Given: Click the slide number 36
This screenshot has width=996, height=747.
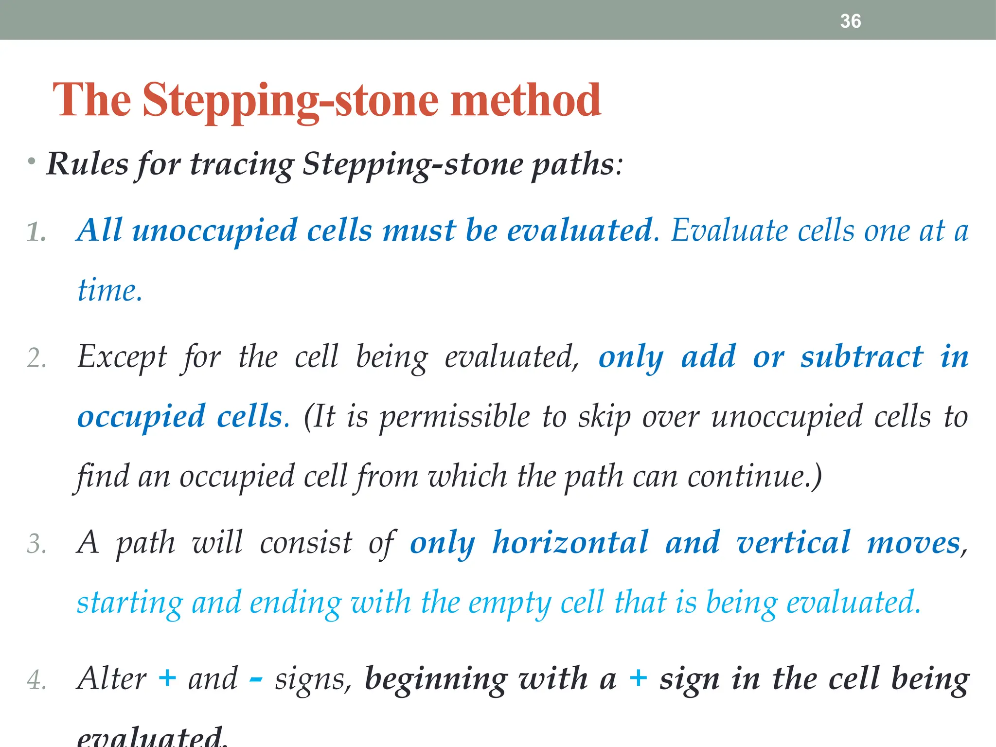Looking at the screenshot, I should pos(850,21).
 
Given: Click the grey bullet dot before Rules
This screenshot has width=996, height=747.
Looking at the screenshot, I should pos(32,161).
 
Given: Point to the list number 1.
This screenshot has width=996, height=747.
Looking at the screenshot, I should pos(36,232).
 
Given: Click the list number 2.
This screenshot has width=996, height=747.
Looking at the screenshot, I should pos(36,359).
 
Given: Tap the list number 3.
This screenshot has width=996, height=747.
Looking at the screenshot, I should pos(36,544).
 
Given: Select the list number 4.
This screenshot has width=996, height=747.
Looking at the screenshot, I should pos(36,680).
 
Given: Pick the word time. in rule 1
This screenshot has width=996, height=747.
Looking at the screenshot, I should pos(110,290).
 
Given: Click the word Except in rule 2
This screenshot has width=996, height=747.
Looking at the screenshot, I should pos(122,357).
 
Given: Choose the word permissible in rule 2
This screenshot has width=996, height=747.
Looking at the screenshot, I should pos(454,417).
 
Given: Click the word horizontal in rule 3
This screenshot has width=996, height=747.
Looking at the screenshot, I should pos(570,543).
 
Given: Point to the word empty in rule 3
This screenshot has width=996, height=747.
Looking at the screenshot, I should pos(510,603).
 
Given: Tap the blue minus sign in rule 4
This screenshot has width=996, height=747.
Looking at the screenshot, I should pos(256,679).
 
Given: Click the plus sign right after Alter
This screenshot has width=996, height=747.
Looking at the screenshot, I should pos(167,678).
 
